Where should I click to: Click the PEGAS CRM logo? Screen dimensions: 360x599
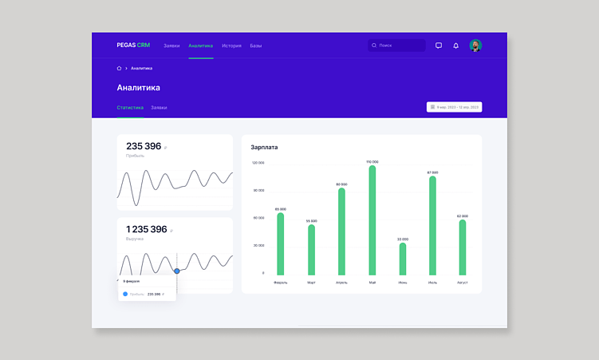click(x=132, y=45)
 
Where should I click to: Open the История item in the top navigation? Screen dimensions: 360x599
click(x=231, y=45)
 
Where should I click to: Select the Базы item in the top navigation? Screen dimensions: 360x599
click(x=255, y=45)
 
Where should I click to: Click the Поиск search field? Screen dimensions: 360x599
click(x=396, y=45)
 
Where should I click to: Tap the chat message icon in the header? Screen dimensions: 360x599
click(x=439, y=45)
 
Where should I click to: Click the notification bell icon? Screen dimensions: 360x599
click(x=456, y=45)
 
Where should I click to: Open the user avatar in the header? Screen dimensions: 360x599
click(x=475, y=45)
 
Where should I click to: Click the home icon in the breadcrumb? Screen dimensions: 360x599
click(x=119, y=69)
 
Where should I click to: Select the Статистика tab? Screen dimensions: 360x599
click(x=130, y=107)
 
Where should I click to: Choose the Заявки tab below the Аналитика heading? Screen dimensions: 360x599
click(x=159, y=107)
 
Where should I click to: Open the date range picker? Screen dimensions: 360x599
click(x=454, y=107)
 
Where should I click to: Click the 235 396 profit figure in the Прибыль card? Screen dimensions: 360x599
click(x=144, y=146)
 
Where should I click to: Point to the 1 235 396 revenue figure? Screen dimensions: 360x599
click(x=147, y=229)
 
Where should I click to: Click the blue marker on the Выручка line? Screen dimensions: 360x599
click(x=177, y=271)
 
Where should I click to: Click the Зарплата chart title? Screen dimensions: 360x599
click(x=264, y=147)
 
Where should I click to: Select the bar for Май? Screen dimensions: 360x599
click(x=372, y=221)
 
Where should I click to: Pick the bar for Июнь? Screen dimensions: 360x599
click(x=403, y=259)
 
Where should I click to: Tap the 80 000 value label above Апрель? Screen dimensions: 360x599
click(x=341, y=184)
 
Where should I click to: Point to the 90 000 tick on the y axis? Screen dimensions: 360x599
click(x=258, y=190)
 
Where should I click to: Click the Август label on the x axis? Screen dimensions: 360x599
click(x=463, y=283)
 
